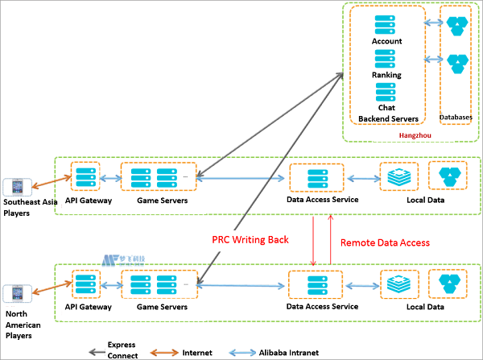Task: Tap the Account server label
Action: [386, 41]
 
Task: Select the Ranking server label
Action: [386, 74]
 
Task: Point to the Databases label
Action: [456, 118]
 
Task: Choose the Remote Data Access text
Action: [385, 241]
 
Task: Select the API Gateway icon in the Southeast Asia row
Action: [85, 176]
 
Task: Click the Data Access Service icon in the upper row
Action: [315, 176]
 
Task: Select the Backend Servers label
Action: [388, 118]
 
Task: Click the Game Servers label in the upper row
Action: [162, 200]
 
